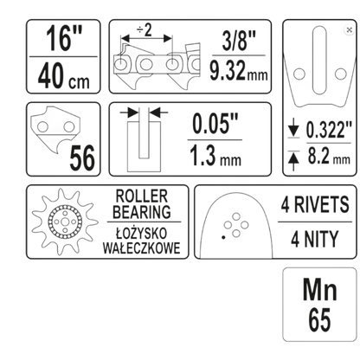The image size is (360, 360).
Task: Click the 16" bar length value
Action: (64, 38)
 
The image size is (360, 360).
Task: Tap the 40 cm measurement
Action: (64, 77)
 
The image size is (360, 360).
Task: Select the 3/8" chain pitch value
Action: (239, 40)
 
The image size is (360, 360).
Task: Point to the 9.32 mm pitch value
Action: (239, 70)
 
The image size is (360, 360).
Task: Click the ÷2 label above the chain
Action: (145, 29)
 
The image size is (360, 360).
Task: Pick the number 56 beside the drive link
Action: (82, 158)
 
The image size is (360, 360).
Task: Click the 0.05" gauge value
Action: (215, 124)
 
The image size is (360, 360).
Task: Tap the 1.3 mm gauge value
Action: (215, 155)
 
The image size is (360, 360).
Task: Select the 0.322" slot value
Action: (329, 130)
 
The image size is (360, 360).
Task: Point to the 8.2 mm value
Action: (329, 157)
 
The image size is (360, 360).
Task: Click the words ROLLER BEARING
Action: (142, 204)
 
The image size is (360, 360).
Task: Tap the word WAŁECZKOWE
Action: (142, 248)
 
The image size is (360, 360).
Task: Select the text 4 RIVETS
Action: (315, 204)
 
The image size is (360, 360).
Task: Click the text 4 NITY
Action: (314, 239)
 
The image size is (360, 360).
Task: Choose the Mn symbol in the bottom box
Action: (320, 290)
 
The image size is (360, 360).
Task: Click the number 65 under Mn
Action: (319, 320)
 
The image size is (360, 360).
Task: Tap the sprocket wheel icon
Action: (65, 222)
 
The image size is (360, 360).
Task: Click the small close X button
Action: (350, 29)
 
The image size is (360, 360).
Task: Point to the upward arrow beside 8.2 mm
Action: (293, 161)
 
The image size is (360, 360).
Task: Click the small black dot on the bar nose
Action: (223, 237)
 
